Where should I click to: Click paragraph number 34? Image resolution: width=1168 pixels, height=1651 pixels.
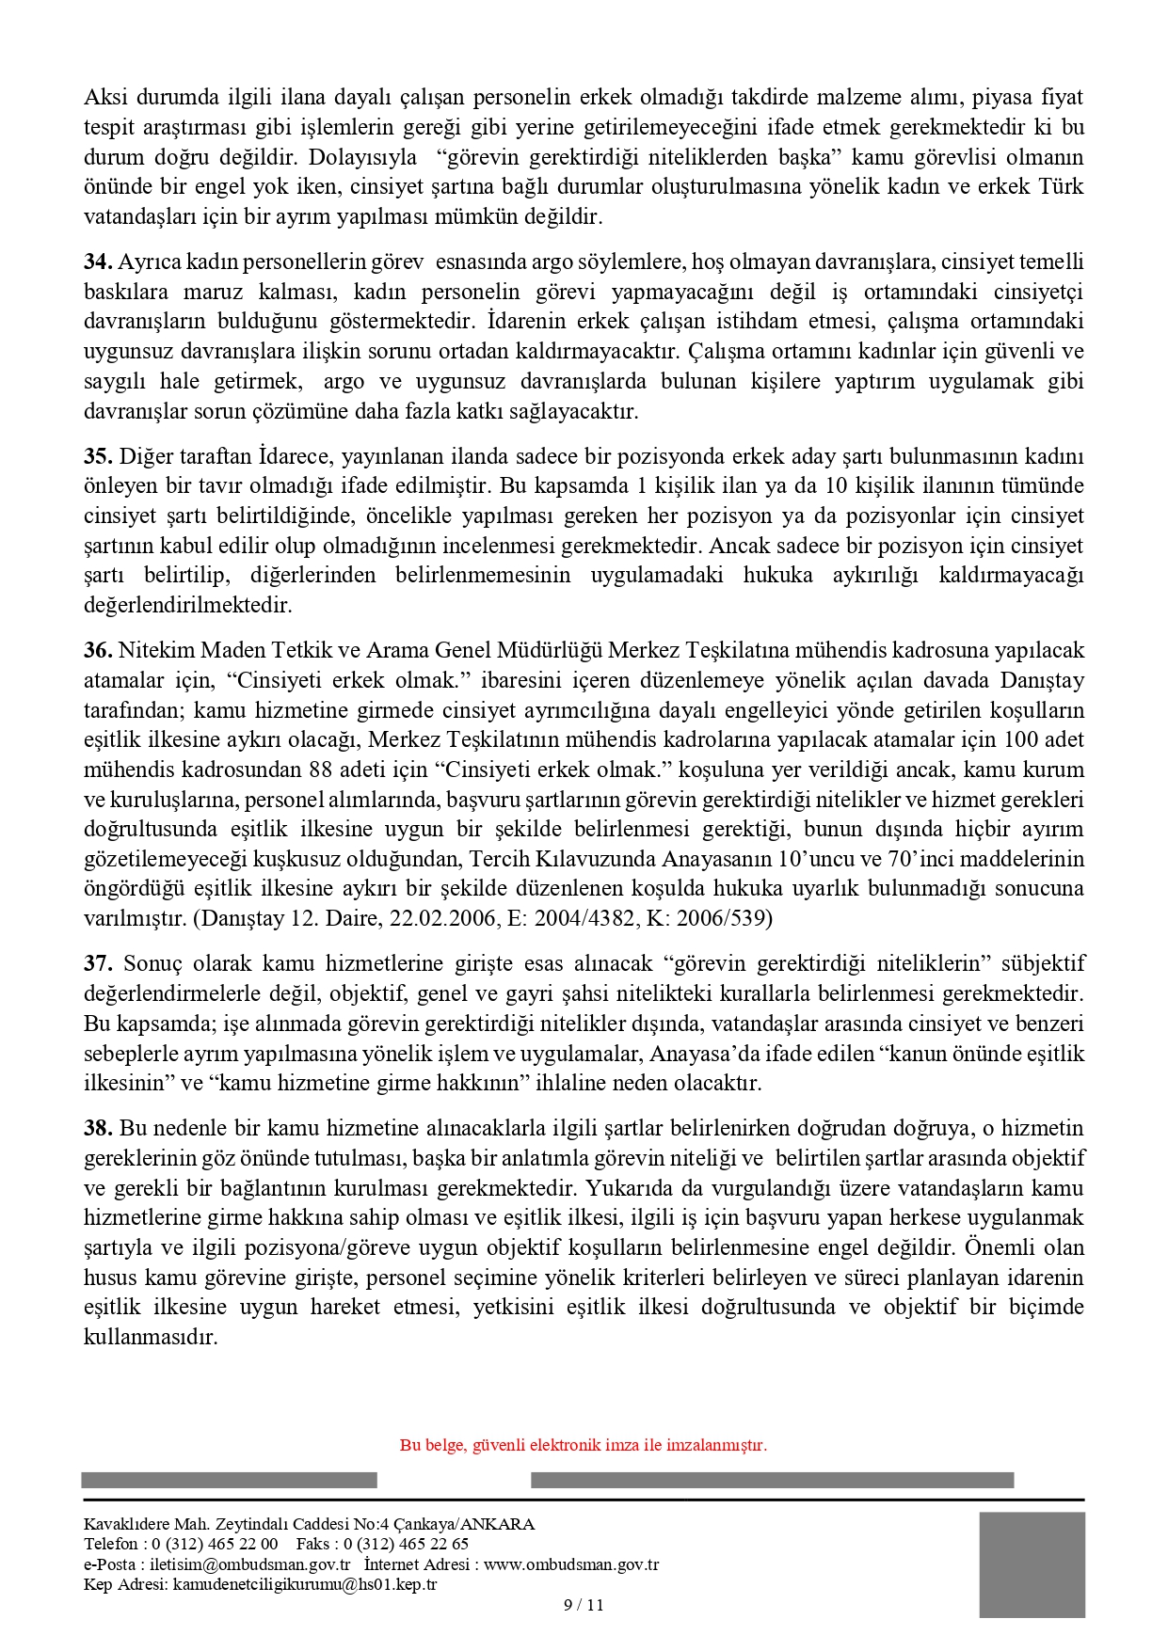point(98,262)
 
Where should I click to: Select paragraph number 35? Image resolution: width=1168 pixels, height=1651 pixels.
point(98,456)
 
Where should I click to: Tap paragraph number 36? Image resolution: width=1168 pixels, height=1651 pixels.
point(98,650)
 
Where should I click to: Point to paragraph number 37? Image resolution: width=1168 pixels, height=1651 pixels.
point(98,963)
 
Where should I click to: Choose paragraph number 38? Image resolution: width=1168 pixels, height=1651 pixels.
point(98,1128)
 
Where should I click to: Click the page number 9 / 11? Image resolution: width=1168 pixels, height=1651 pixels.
point(584,1605)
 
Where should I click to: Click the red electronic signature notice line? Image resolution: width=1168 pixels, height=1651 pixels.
point(584,1445)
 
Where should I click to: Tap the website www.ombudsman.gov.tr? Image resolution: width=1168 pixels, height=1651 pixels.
point(571,1564)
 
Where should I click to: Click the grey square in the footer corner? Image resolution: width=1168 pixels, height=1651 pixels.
point(1032,1564)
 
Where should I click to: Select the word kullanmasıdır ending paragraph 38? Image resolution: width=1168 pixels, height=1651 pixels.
point(151,1337)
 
